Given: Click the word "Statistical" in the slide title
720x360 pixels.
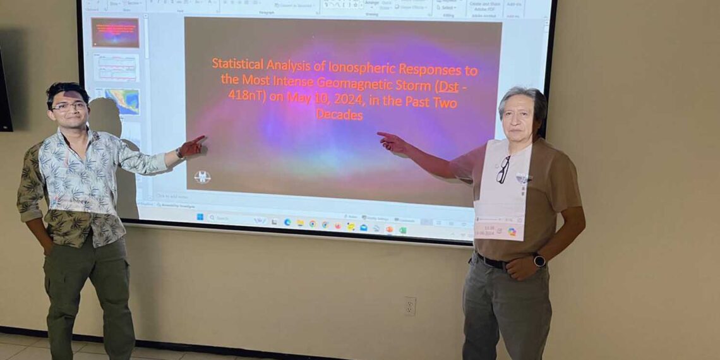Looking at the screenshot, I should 237,64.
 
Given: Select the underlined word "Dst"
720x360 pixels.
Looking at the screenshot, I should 448,87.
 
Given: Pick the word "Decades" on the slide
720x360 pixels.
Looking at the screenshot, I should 339,115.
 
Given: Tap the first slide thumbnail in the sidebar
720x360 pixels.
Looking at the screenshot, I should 114,32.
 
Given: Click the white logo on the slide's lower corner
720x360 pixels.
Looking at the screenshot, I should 202,177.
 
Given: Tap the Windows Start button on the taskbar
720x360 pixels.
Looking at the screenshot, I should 200,217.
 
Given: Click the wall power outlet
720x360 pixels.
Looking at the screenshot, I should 410,306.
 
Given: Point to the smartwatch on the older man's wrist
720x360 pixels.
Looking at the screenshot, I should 539,260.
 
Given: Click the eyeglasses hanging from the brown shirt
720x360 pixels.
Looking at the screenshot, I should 502,169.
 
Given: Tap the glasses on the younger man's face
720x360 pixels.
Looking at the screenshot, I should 69,106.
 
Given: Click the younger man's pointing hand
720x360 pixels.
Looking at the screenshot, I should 191,148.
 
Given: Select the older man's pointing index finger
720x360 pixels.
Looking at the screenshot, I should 383,134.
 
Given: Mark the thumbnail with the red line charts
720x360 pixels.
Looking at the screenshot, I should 116,67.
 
